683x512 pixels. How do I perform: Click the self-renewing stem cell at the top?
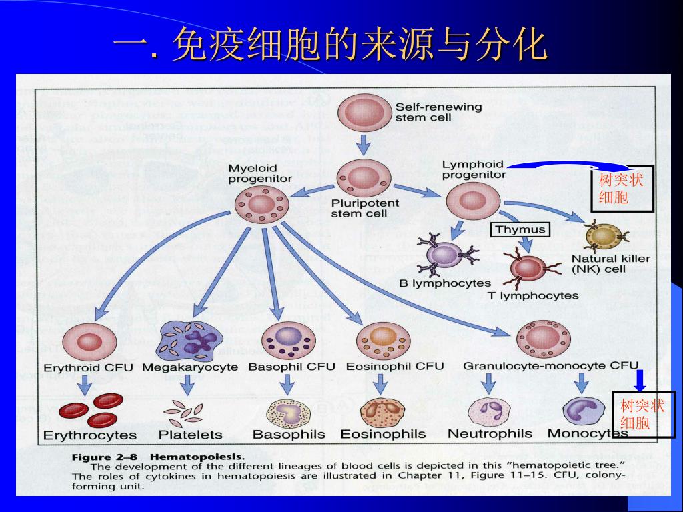click(x=364, y=113)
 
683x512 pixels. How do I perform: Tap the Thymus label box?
click(x=520, y=229)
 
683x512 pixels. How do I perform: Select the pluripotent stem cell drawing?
click(x=364, y=178)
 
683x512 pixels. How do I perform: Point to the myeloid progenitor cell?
click(x=261, y=204)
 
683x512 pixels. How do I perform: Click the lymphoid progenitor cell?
click(x=472, y=200)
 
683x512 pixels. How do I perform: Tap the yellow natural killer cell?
click(x=602, y=237)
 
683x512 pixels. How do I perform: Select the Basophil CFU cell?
click(x=288, y=340)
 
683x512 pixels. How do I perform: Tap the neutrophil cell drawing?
click(x=489, y=411)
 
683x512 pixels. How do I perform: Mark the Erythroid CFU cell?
click(x=88, y=342)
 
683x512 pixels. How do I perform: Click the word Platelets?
click(x=190, y=435)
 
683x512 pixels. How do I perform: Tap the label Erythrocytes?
click(x=90, y=435)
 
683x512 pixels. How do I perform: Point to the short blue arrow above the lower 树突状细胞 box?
click(x=640, y=379)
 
